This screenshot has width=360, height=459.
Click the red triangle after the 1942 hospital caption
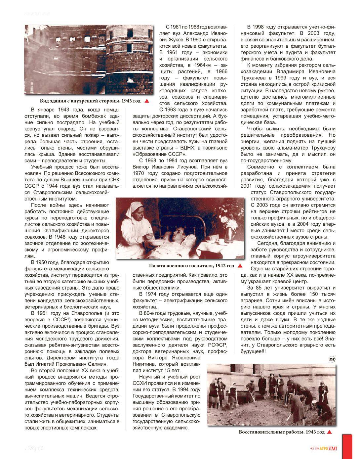[x=240, y=265]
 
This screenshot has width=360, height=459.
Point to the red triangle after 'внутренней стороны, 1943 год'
[x=147, y=101]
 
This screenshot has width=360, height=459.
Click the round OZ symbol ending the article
[x=332, y=359]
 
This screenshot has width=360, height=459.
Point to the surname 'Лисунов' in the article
[x=180, y=166]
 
